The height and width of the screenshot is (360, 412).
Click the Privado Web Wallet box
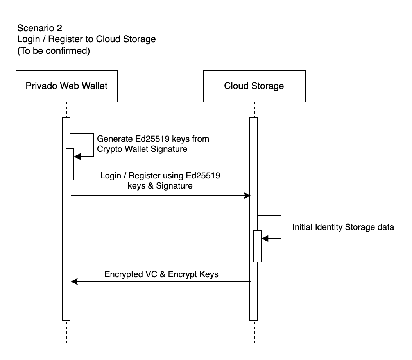(66, 86)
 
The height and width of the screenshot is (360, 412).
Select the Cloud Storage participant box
(254, 86)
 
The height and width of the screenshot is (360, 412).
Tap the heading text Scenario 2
(39, 29)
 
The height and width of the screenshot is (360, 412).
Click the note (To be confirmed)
(54, 51)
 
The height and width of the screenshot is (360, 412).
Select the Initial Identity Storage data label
(343, 227)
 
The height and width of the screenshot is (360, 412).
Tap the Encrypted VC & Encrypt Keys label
(161, 274)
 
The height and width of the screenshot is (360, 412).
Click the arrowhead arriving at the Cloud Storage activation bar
(247, 195)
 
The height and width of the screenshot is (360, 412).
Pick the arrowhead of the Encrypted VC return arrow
(74, 281)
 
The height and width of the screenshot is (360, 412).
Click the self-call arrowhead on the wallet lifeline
(77, 157)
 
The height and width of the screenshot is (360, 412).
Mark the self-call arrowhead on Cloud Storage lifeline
(265, 238)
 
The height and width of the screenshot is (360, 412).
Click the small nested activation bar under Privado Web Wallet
(70, 164)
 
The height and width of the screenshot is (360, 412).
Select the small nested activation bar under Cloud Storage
(257, 246)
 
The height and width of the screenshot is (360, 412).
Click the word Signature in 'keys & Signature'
(174, 186)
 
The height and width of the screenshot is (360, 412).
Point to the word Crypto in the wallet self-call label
(108, 149)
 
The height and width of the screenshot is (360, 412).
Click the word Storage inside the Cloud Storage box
(269, 86)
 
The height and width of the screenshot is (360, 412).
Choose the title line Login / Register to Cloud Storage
(86, 39)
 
